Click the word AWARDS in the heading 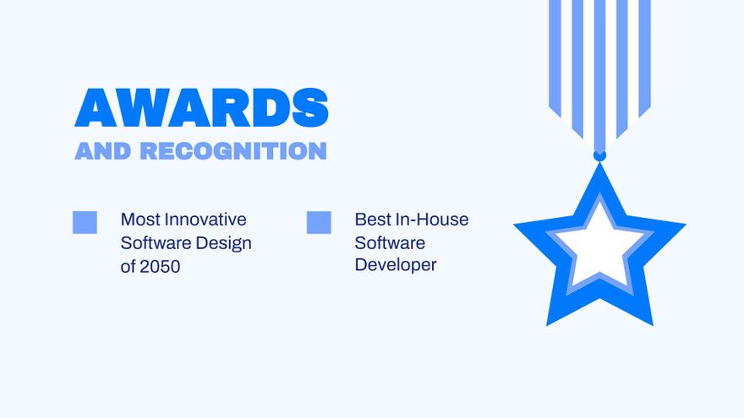[202, 107]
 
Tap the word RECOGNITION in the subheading [233, 150]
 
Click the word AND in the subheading [102, 150]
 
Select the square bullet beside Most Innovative [85, 222]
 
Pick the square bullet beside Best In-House [319, 222]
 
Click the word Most [140, 220]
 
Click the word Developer [396, 265]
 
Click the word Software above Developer [390, 243]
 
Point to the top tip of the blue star [599, 163]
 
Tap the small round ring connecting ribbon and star [599, 155]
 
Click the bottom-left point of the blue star [547, 325]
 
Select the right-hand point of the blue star [685, 224]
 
